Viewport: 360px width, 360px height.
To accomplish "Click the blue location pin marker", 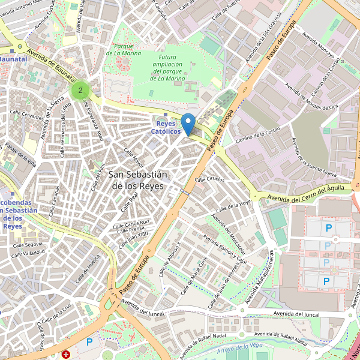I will point(188,124).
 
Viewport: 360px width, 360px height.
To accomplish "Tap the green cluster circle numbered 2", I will point(80,91).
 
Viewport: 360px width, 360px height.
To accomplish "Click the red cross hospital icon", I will point(66,355).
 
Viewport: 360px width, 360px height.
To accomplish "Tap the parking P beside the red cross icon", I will point(89,342).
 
